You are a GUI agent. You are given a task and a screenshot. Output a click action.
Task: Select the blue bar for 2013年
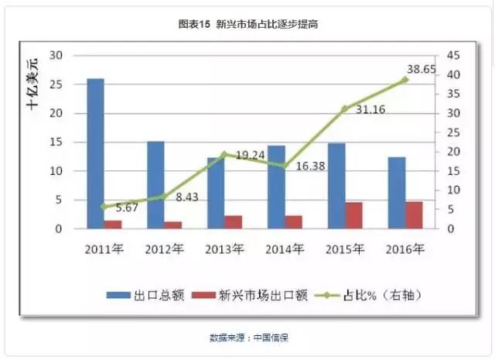pyautogui.click(x=215, y=193)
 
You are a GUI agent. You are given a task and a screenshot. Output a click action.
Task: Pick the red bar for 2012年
pyautogui.click(x=174, y=225)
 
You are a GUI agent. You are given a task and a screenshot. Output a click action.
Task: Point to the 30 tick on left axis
pyautogui.click(x=55, y=56)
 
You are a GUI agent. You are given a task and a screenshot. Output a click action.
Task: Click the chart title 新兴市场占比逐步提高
pyautogui.click(x=247, y=25)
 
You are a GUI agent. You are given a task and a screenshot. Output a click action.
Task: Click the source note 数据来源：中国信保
pyautogui.click(x=247, y=338)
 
